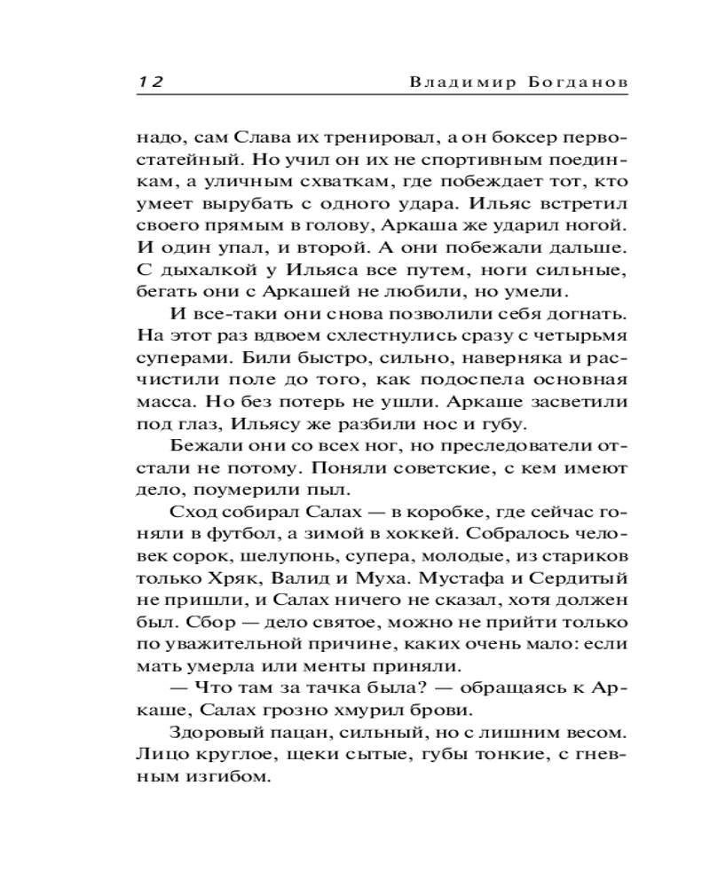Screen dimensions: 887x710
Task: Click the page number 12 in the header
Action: pos(147,81)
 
